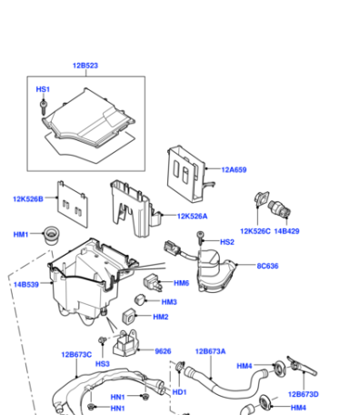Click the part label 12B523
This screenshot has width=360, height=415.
85,66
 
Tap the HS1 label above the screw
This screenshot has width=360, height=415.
43,89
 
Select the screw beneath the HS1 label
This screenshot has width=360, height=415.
44,106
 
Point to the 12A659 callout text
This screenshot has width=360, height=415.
234,169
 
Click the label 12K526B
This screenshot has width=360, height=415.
28,199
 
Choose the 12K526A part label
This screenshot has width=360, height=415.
192,217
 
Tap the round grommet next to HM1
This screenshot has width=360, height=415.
51,235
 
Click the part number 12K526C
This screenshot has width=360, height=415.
255,231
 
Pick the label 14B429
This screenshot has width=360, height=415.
286,231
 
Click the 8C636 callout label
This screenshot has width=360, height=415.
267,266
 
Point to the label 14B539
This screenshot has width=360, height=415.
26,285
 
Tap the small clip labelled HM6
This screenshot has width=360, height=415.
152,282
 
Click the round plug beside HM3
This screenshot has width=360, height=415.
139,299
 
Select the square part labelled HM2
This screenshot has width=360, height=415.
129,316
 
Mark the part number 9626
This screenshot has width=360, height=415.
163,351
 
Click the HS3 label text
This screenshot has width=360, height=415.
103,364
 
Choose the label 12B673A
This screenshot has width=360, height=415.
210,351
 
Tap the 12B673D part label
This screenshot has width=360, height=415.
304,394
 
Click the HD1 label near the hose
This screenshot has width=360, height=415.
179,392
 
